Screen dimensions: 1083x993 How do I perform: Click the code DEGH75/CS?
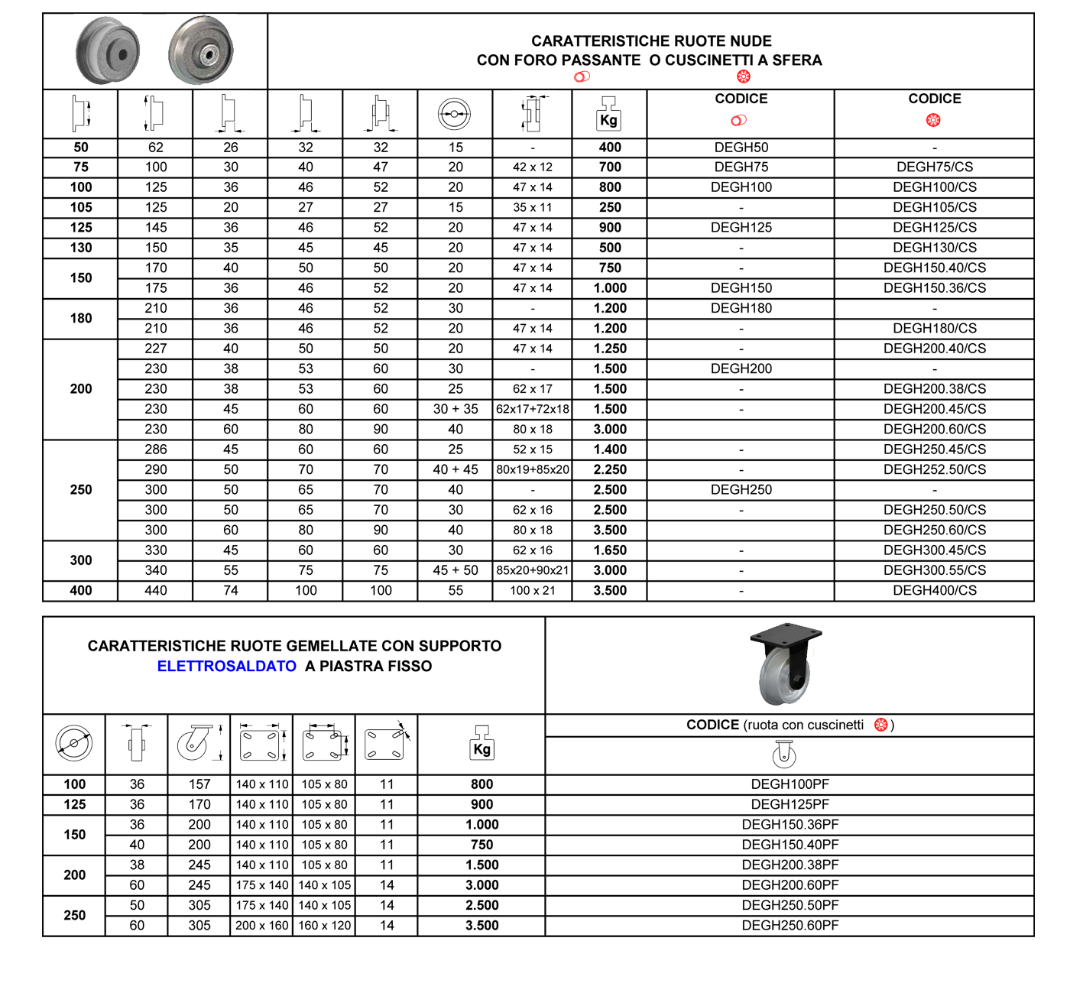[x=935, y=167]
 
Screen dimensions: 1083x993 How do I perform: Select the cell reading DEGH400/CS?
[x=935, y=590]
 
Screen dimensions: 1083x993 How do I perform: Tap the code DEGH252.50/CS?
[x=935, y=469]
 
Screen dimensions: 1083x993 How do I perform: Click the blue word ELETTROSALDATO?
[x=227, y=666]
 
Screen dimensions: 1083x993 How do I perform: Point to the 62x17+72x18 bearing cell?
[x=532, y=409]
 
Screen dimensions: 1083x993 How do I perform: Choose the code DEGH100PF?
[x=790, y=784]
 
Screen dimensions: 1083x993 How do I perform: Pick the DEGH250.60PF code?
[x=790, y=925]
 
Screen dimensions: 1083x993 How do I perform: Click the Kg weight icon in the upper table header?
[x=608, y=114]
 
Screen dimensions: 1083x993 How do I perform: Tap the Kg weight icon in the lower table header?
[x=482, y=743]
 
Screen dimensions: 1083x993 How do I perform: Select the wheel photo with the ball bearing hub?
[x=201, y=50]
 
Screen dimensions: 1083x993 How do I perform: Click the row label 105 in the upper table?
[x=81, y=207]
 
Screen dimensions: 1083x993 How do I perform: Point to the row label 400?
[x=81, y=590]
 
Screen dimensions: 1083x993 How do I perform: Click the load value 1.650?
[x=610, y=550]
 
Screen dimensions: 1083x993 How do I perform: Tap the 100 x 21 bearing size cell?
[x=532, y=590]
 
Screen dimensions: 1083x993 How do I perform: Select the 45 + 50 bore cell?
[x=455, y=570]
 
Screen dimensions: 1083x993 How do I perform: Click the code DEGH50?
[x=741, y=148]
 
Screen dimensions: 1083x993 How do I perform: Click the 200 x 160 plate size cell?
[x=262, y=925]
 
